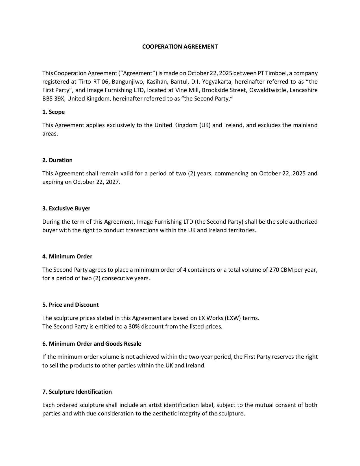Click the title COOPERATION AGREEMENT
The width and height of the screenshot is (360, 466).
[x=180, y=47]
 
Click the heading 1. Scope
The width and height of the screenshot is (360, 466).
[x=53, y=112]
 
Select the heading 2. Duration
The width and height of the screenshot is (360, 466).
[x=57, y=160]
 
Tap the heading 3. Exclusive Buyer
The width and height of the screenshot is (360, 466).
[x=66, y=208]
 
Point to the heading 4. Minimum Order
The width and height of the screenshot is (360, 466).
[x=67, y=256]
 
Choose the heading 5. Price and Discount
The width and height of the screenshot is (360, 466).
[x=71, y=305]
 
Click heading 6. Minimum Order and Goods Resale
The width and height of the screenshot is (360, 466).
[x=92, y=344]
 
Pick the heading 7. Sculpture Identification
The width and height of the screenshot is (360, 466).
[x=77, y=392]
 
